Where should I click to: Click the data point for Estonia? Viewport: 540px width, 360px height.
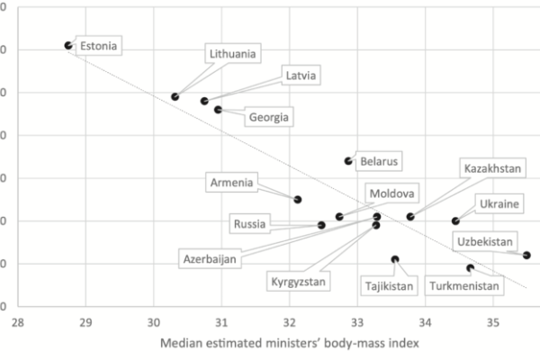pos(68,45)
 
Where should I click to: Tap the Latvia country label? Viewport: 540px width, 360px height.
pos(300,76)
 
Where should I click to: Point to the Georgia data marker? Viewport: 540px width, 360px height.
pos(218,110)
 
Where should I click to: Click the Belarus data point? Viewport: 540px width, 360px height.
pos(348,161)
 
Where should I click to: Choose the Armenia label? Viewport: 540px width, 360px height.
pos(231,183)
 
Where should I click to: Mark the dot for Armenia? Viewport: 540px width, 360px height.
pos(298,200)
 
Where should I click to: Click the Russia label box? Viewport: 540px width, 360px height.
pos(249,224)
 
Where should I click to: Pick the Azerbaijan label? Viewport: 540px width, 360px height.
pos(210,259)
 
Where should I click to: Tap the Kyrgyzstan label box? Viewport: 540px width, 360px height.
pos(301,282)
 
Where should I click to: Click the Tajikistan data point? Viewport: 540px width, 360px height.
pos(395,259)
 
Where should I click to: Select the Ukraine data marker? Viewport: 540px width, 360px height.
pos(455,220)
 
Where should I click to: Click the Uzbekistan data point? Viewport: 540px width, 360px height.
pos(526,255)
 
